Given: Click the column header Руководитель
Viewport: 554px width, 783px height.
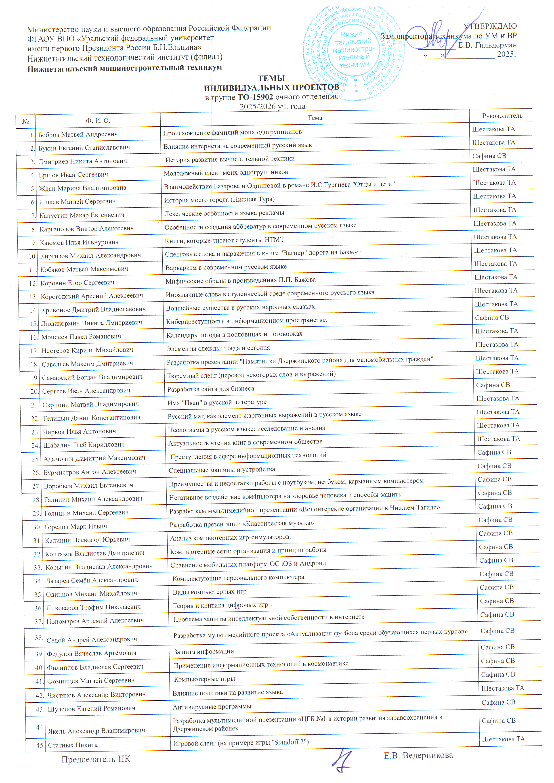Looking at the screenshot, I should coord(502,116).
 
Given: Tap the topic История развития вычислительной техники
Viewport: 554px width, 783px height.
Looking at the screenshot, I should coord(230,159).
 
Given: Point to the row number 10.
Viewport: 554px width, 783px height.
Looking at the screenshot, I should coord(32,256).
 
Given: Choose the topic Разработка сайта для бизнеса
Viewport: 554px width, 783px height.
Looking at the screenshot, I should coord(210,389).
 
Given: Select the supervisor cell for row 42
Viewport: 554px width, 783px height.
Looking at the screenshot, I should coord(502,688).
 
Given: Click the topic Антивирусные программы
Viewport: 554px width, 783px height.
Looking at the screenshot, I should coord(212,707).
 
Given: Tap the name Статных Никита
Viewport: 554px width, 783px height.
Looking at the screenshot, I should coord(73,745).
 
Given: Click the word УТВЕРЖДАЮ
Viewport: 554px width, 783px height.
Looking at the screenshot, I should coord(490,26).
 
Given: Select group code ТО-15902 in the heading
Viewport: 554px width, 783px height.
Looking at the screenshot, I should coord(255,97).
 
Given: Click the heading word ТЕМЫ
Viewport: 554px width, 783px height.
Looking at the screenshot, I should coord(271,78).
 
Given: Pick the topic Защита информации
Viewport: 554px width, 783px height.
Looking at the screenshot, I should coord(204,652).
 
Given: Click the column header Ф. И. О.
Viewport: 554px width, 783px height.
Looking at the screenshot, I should coord(98,120).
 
